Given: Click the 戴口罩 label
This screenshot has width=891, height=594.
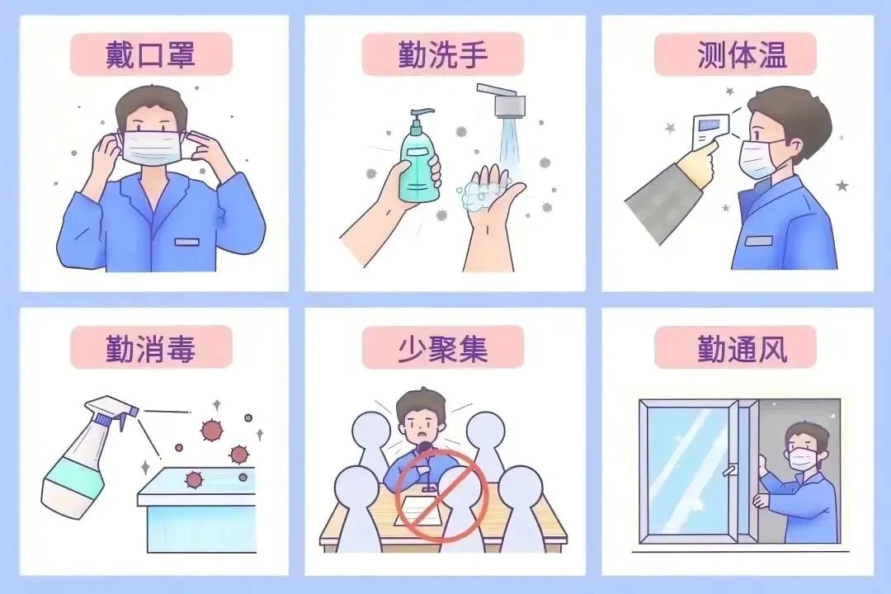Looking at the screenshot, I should pyautogui.click(x=150, y=54).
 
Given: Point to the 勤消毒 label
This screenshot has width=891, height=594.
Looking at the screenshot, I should pyautogui.click(x=150, y=347).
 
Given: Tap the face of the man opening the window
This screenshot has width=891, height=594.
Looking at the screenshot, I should pyautogui.click(x=804, y=450).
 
